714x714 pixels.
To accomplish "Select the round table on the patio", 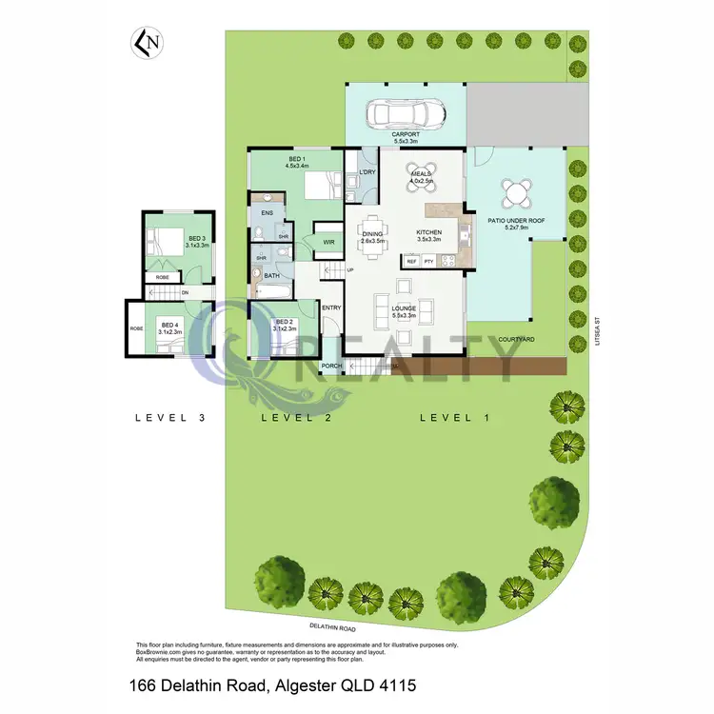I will pyautogui.click(x=517, y=193).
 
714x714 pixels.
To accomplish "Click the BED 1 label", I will pyautogui.click(x=296, y=159).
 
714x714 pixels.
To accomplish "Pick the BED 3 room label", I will pyautogui.click(x=197, y=239).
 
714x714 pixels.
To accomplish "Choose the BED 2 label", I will pyautogui.click(x=285, y=323).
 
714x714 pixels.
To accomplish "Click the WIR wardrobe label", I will pyautogui.click(x=328, y=243).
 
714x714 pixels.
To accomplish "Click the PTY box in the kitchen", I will pyautogui.click(x=429, y=260).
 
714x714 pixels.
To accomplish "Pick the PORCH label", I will pyautogui.click(x=331, y=367).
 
